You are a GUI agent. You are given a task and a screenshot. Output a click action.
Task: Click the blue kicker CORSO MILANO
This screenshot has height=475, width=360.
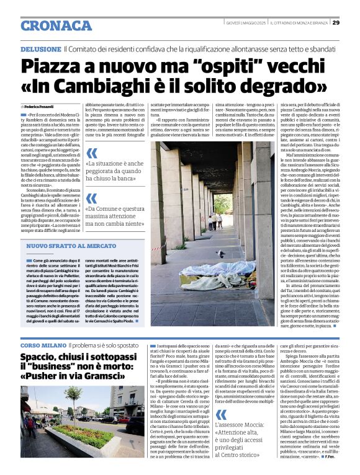pos(42,344)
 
